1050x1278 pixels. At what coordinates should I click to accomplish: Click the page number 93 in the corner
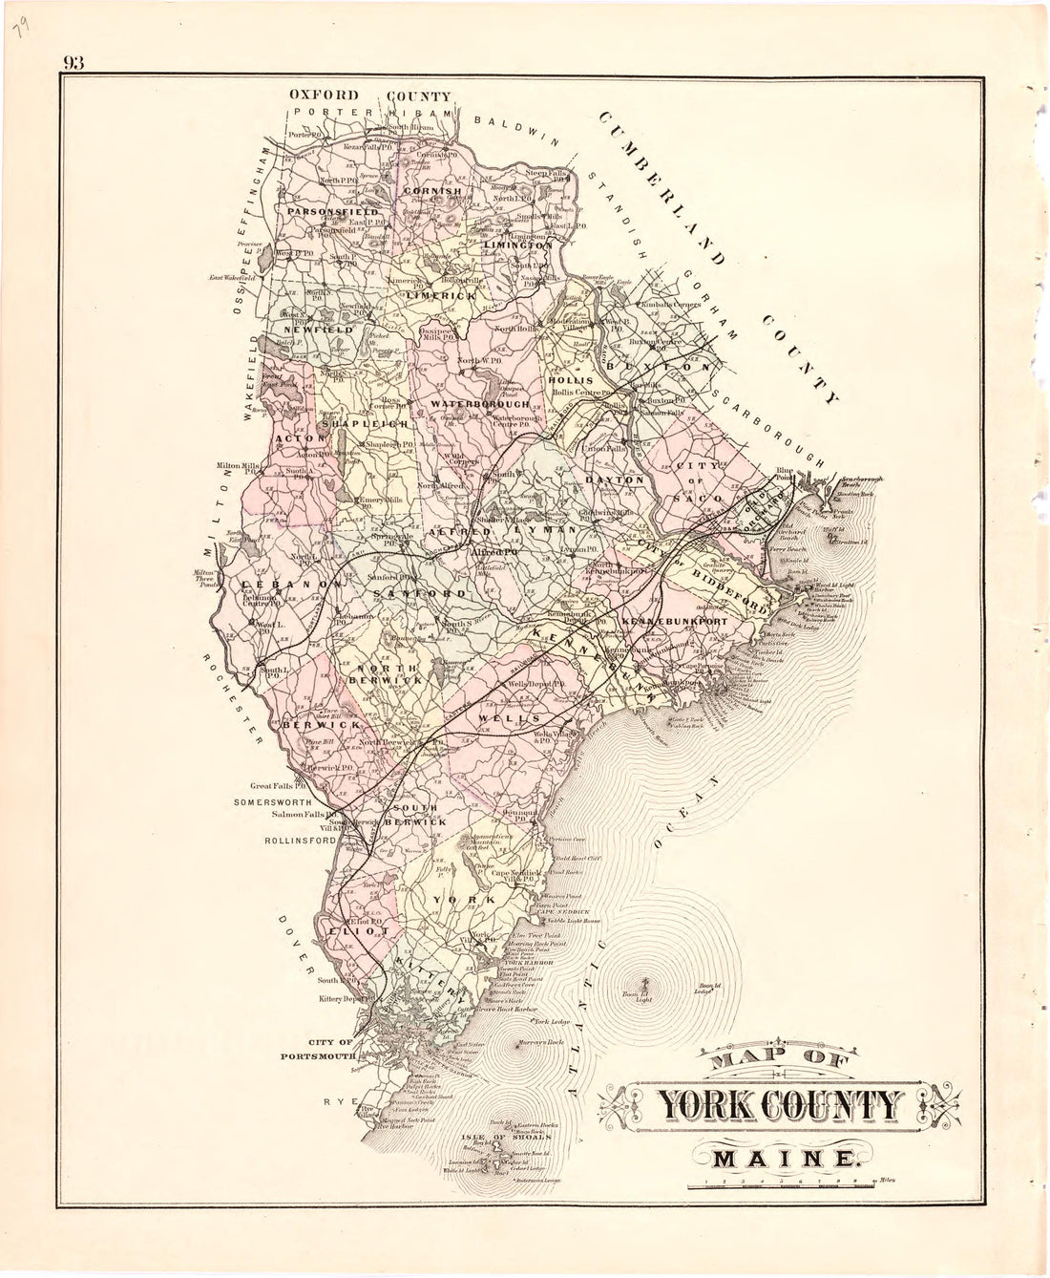click(x=74, y=63)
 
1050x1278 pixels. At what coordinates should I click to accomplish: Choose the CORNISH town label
click(x=433, y=191)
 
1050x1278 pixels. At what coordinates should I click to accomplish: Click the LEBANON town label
click(x=279, y=584)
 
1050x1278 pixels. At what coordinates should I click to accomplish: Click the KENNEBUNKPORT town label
click(x=675, y=622)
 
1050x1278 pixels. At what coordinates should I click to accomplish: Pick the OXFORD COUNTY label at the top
click(x=370, y=96)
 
